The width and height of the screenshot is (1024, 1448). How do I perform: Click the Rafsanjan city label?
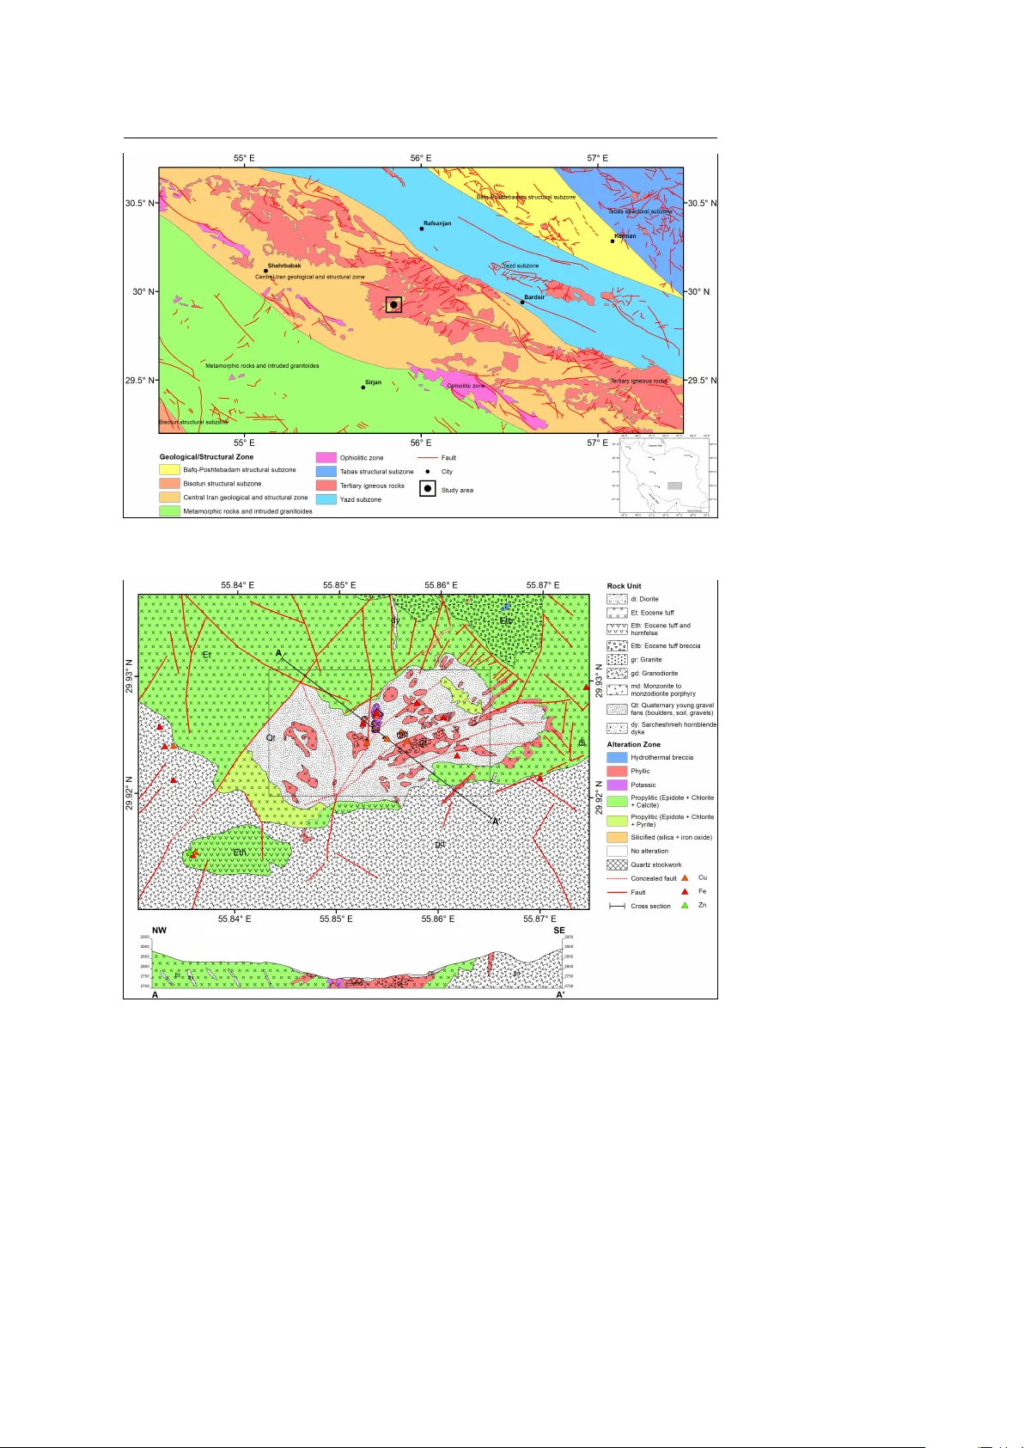[436, 223]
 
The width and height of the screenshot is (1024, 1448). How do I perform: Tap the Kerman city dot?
[613, 241]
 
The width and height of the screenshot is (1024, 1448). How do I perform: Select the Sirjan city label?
[373, 382]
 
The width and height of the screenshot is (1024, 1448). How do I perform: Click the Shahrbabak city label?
[283, 266]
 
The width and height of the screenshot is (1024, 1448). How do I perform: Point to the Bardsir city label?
[534, 297]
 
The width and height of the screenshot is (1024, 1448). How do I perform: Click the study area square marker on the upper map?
[393, 304]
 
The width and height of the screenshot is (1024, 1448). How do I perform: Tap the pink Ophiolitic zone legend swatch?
[326, 458]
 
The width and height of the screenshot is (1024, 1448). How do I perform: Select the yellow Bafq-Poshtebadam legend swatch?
[169, 470]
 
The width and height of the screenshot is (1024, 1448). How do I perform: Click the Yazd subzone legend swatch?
[326, 499]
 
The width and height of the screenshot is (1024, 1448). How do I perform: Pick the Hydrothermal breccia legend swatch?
[617, 757]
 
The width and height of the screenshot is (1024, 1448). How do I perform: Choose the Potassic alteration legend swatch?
[617, 785]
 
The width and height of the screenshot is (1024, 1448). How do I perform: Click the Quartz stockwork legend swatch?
[617, 865]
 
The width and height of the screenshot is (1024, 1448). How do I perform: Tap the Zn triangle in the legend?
[685, 905]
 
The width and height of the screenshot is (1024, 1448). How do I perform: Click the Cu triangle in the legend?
[685, 877]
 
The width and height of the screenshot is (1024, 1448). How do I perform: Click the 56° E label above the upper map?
[421, 158]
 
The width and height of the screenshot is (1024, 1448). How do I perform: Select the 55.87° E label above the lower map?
[543, 585]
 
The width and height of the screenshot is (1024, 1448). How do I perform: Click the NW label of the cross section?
[160, 930]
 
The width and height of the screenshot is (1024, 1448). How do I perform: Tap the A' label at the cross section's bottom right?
[560, 994]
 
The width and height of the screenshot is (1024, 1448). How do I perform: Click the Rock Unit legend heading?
[624, 586]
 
